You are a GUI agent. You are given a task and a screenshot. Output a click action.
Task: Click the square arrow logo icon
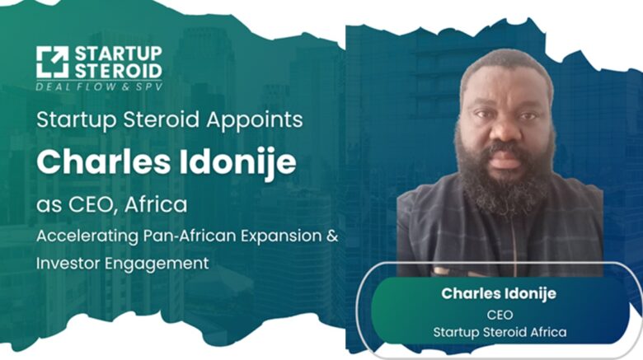pos(52,62)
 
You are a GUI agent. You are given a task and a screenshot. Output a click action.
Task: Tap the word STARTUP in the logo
pos(119,54)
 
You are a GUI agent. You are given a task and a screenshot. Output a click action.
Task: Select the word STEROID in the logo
pos(119,71)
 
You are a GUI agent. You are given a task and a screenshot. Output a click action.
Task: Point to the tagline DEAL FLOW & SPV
pos(99,86)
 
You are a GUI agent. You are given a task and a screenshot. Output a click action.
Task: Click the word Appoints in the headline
pos(255,120)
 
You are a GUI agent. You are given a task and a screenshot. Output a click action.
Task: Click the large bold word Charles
pos(103,161)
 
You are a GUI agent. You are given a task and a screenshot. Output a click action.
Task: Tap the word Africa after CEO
pos(156,204)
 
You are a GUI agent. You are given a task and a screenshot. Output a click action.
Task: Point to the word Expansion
pos(281,236)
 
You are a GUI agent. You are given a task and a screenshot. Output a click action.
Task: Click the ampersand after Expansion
pos(332,236)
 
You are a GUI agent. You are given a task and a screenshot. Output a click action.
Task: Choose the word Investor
pos(68,263)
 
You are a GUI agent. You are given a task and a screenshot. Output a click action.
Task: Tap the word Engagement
pos(157,264)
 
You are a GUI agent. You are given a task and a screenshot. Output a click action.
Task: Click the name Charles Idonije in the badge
pos(499,293)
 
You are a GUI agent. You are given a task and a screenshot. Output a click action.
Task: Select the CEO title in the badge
pos(500,315)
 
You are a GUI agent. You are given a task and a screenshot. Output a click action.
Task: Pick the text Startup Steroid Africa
pos(500,332)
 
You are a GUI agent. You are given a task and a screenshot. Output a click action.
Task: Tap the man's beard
pos(505,180)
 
